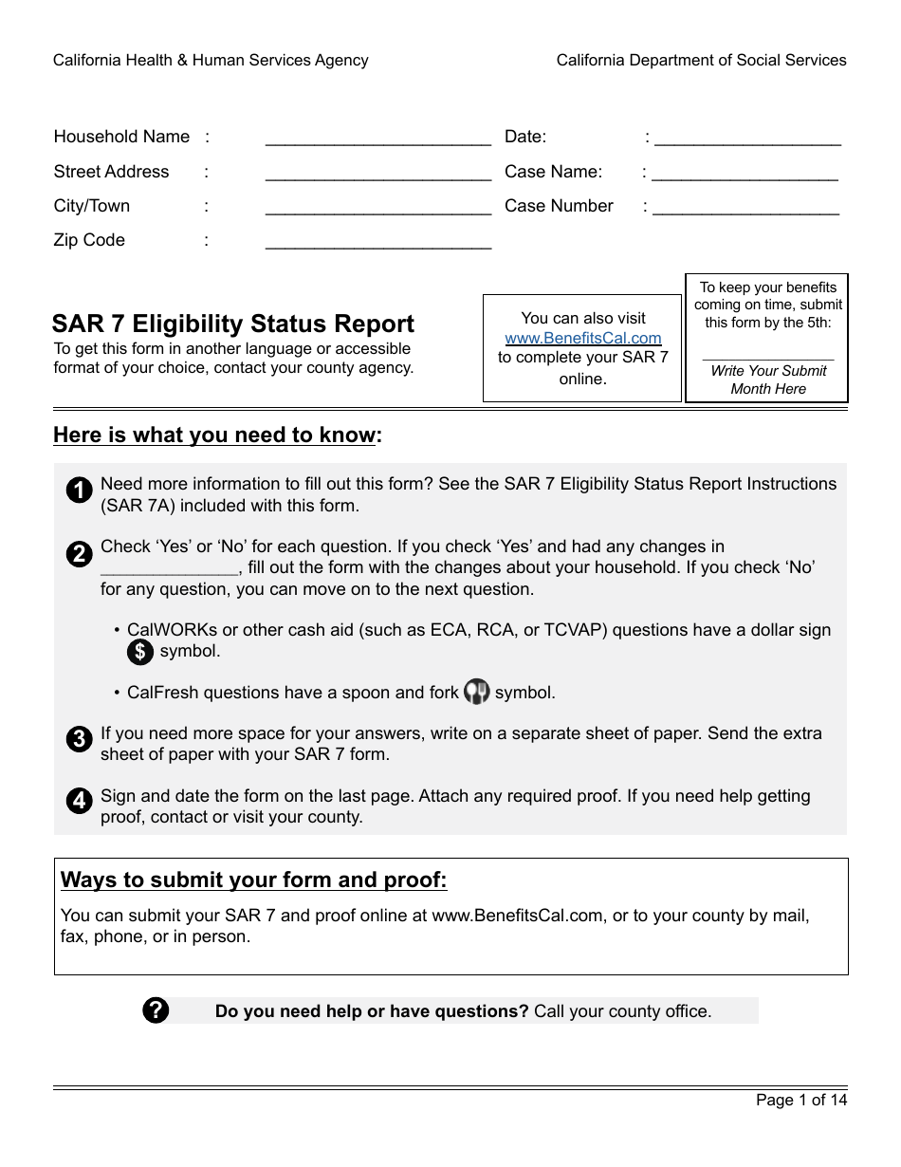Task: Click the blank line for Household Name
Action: tap(377, 140)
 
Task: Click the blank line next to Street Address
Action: tap(377, 176)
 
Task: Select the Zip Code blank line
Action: tap(377, 244)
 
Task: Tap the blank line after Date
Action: tap(747, 140)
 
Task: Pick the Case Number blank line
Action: tap(745, 210)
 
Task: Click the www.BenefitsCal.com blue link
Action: tap(583, 339)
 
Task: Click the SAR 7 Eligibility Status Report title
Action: tap(233, 324)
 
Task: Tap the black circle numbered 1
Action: tap(80, 491)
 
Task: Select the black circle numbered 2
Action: tap(80, 554)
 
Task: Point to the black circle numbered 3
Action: tap(80, 740)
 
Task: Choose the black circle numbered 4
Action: tap(80, 802)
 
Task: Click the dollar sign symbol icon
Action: tap(140, 652)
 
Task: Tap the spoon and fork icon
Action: tap(476, 693)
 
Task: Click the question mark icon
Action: tap(156, 1010)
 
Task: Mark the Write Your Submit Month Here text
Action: tap(768, 380)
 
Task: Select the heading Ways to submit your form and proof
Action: tap(253, 880)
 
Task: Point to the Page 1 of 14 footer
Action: tap(800, 1101)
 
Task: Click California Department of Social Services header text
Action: tap(701, 61)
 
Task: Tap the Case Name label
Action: tap(553, 172)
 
